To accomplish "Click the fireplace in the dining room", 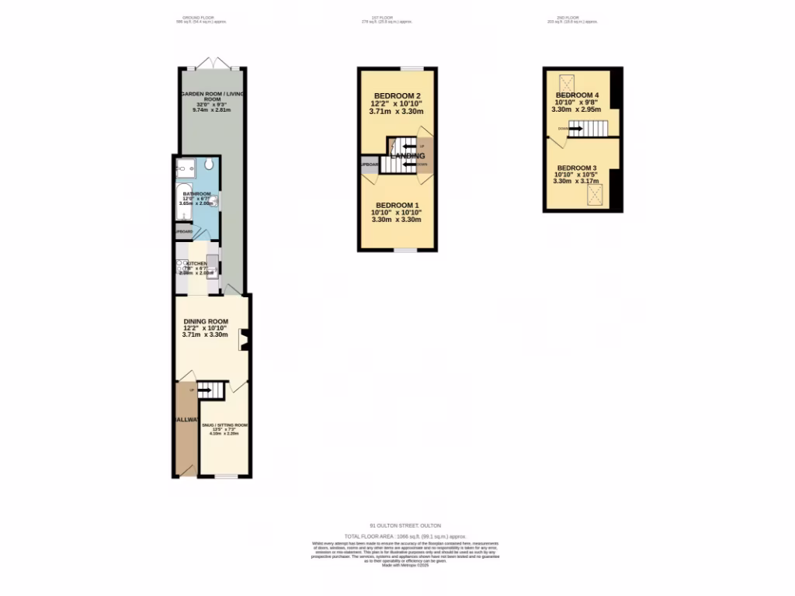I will (x=244, y=341).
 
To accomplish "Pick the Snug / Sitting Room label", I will (x=224, y=425).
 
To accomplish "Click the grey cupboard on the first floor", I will (x=368, y=165).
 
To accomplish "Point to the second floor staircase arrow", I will (x=575, y=130).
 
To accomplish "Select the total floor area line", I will (x=404, y=536).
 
